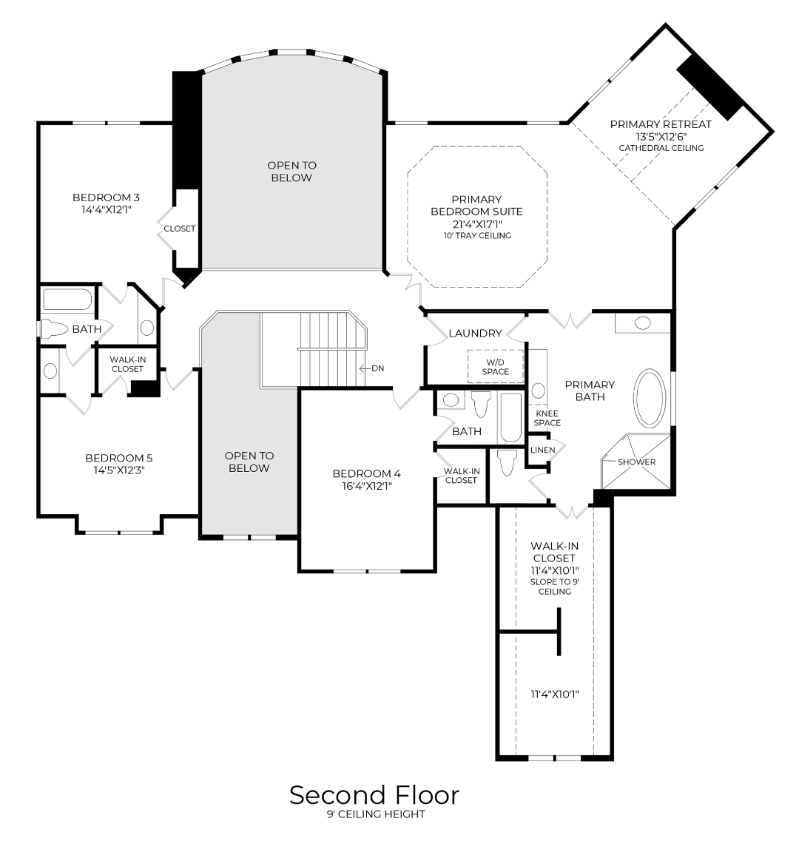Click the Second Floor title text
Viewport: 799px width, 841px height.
[x=374, y=795]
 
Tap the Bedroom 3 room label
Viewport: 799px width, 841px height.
[x=106, y=197]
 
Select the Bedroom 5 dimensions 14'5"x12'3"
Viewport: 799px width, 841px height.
[x=118, y=470]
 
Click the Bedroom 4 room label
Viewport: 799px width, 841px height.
[x=366, y=473]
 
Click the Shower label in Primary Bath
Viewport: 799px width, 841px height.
[x=636, y=462]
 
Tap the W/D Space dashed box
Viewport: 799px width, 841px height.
[x=495, y=366]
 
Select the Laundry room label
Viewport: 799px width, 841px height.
[x=475, y=334]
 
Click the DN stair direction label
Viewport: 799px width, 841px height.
[x=377, y=368]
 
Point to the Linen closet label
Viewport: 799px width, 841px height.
[x=542, y=450]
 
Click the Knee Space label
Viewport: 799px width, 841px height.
[x=548, y=419]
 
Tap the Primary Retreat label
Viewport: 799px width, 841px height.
[x=660, y=124]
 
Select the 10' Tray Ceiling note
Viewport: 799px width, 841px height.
[x=476, y=236]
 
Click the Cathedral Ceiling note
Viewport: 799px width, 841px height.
[x=661, y=148]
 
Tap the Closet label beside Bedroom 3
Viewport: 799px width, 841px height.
[x=180, y=229]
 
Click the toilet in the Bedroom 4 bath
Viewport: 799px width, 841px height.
[x=481, y=405]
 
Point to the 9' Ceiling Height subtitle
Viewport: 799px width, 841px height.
[x=376, y=815]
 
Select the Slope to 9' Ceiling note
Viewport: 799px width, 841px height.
[x=554, y=587]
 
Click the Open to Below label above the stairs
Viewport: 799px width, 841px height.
[x=291, y=172]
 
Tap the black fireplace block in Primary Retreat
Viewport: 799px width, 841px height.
[x=709, y=87]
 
